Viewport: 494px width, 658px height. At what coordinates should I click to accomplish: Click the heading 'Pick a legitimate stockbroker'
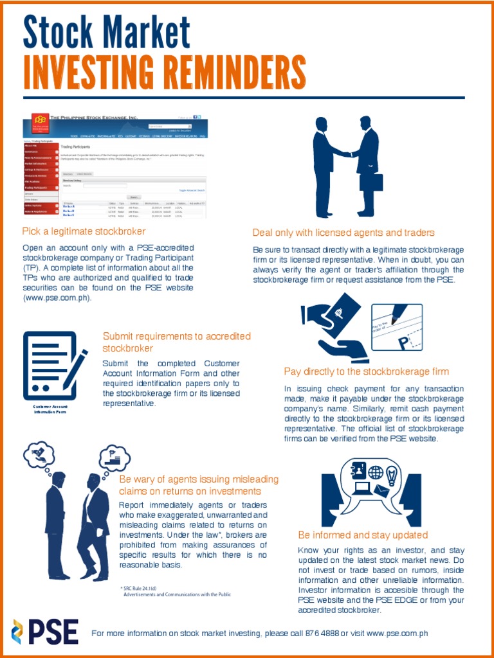pyautogui.click(x=84, y=231)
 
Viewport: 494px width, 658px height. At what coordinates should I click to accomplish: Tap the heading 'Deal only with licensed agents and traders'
pyautogui.click(x=343, y=233)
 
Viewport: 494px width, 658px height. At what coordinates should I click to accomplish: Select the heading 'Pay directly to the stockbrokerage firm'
pyautogui.click(x=366, y=371)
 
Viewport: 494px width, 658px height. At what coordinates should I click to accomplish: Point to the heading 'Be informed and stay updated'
pyautogui.click(x=363, y=535)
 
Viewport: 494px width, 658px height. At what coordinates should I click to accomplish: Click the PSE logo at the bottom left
pyautogui.click(x=45, y=631)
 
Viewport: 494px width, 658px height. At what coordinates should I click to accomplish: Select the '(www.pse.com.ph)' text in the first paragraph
pyautogui.click(x=57, y=298)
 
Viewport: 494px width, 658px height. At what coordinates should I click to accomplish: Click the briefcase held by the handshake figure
pyautogui.click(x=371, y=182)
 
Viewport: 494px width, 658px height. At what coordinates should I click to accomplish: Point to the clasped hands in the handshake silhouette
pyautogui.click(x=348, y=154)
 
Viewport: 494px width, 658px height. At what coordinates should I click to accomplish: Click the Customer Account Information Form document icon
pyautogui.click(x=53, y=365)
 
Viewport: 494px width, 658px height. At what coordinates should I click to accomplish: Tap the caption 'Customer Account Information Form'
pyautogui.click(x=50, y=409)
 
